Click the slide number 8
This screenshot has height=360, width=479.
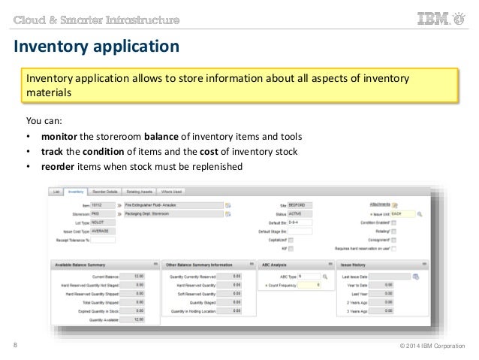16,346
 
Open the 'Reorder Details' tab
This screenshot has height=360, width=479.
106,192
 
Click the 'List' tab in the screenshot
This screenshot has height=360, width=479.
56,192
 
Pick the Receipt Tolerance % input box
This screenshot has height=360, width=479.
104,241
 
